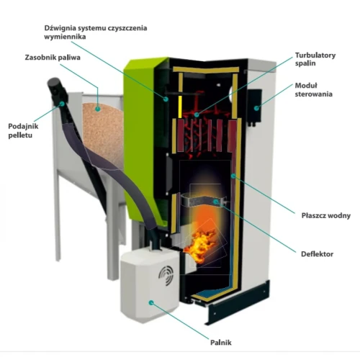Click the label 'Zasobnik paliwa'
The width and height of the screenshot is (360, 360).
coord(53,58)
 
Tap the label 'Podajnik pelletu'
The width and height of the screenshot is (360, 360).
coord(23,130)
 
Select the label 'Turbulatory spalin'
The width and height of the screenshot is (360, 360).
coord(315,59)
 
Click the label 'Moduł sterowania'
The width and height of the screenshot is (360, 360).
coord(313,90)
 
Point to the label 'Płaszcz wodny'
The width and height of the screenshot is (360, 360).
coord(326,215)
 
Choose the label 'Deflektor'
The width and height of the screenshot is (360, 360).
coord(317,254)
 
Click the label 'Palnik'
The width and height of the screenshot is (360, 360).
coord(221,343)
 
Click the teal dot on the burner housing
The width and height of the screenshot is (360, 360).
coord(151,303)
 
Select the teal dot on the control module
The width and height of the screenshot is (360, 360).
coord(256,108)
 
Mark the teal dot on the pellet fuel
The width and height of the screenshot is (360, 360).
coord(97,109)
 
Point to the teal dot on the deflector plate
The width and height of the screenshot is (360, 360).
coord(216,202)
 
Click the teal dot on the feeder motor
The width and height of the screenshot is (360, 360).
coord(62,104)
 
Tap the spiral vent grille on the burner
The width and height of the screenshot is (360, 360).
coord(166,276)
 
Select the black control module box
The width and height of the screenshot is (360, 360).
coord(255,107)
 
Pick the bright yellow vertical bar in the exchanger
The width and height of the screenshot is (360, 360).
coord(180,107)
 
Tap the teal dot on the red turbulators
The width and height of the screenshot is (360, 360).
coord(197,114)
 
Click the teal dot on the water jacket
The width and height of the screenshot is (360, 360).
coord(233,176)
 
